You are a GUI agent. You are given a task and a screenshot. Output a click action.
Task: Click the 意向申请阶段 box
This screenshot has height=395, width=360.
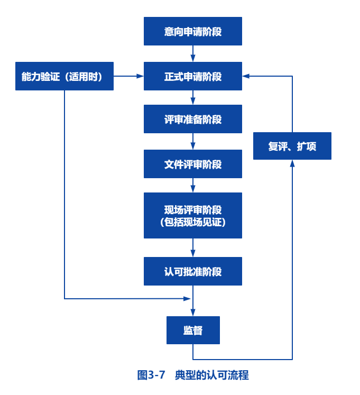192,31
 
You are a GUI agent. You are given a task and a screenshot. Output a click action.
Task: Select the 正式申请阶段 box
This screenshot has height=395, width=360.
192,76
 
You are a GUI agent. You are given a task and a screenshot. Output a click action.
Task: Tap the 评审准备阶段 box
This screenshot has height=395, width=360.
192,119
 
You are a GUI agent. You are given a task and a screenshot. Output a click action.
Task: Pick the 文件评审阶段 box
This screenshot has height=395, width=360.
192,164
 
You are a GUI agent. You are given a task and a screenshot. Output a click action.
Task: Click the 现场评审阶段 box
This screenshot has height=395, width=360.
192,209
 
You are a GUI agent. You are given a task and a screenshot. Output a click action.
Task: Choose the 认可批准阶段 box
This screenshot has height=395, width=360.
192,271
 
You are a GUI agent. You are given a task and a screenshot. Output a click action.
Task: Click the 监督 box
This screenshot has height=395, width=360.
192,330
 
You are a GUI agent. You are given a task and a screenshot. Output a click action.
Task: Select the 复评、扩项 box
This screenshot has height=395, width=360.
292,145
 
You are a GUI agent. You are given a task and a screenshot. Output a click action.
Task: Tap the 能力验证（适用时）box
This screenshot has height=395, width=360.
64,76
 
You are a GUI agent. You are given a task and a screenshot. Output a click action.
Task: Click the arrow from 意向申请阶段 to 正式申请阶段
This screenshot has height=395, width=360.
192,54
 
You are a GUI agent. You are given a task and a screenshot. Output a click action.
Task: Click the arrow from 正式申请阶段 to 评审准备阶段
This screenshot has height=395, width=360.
192,98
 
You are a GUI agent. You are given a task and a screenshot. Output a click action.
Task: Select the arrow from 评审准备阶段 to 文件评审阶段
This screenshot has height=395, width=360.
192,142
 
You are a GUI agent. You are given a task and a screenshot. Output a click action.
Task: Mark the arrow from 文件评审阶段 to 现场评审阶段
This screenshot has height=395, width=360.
192,186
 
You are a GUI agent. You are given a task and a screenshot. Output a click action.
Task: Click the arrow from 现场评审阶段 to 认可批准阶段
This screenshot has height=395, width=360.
192,248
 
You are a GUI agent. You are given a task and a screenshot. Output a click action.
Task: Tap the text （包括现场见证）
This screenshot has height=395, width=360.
192,223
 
